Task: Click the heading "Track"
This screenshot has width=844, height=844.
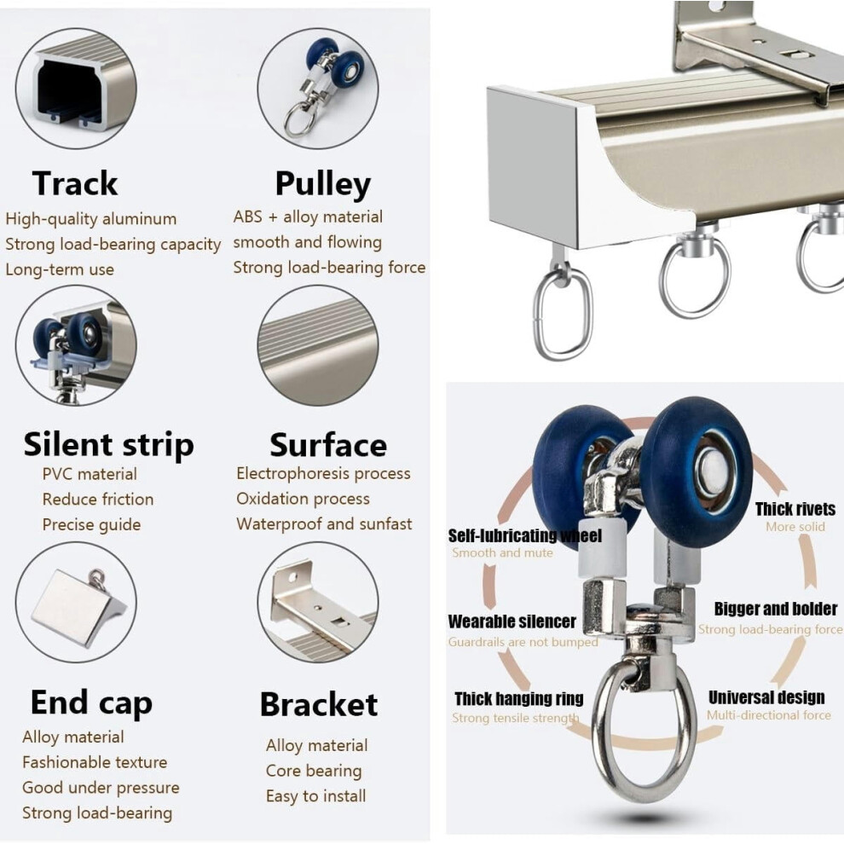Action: pos(75,183)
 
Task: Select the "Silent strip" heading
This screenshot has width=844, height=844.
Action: pos(109,445)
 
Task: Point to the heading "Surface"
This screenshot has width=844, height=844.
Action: pos(328,445)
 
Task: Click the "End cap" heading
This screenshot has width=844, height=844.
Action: pos(91,703)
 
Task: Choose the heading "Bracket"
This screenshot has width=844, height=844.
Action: pos(319,704)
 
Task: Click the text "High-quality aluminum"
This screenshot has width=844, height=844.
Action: pos(91,218)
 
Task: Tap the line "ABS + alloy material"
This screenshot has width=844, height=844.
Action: pos(308,217)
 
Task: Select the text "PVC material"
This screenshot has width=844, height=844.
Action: pos(90,474)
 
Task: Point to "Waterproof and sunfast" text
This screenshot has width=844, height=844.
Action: pos(324,523)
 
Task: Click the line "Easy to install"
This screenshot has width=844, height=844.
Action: pos(316,796)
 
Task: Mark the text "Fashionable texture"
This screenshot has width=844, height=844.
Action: pos(95,762)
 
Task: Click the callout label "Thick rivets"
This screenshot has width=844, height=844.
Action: pos(795,509)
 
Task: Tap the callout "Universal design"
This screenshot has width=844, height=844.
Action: pos(766,697)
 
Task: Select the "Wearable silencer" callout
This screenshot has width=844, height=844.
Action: pos(512,621)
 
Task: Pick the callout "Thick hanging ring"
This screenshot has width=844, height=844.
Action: pos(519,699)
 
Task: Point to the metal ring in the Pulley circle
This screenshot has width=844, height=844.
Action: pos(286,119)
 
